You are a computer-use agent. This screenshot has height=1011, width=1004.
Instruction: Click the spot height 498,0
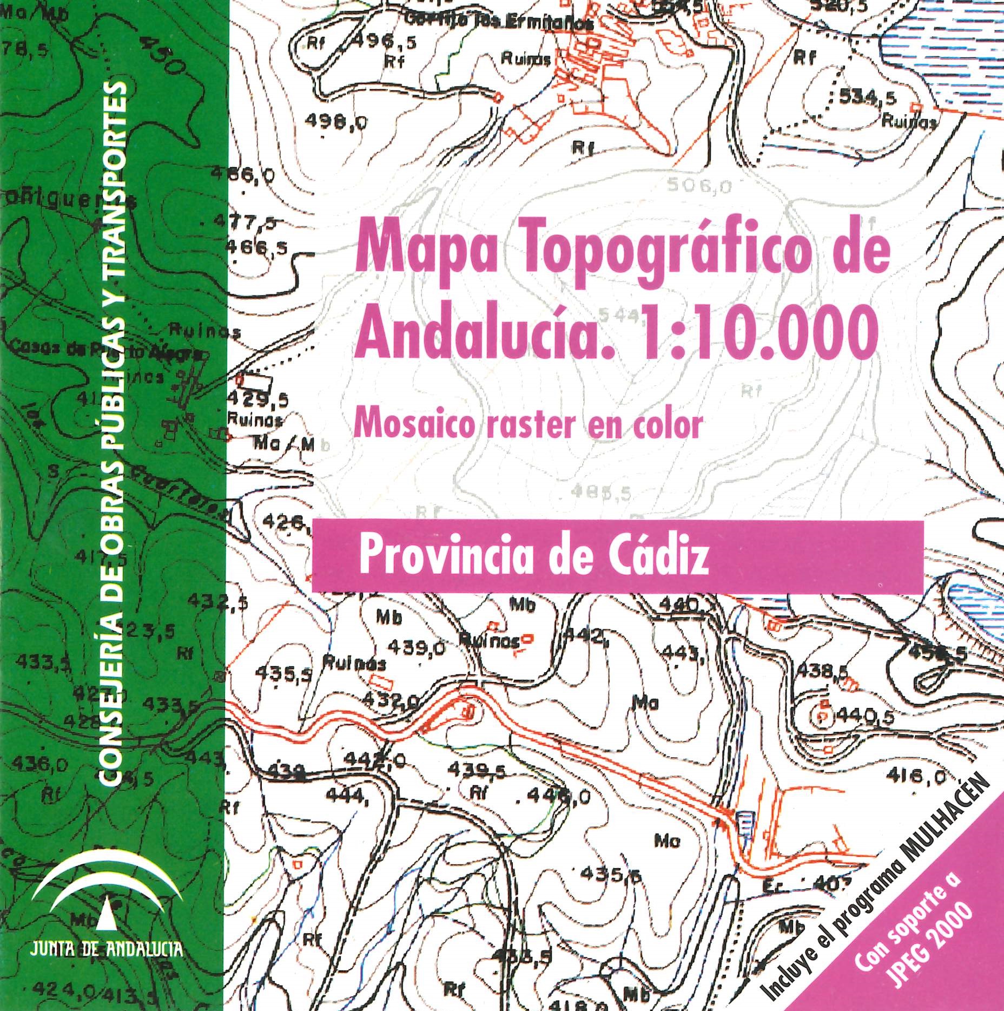(335, 123)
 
